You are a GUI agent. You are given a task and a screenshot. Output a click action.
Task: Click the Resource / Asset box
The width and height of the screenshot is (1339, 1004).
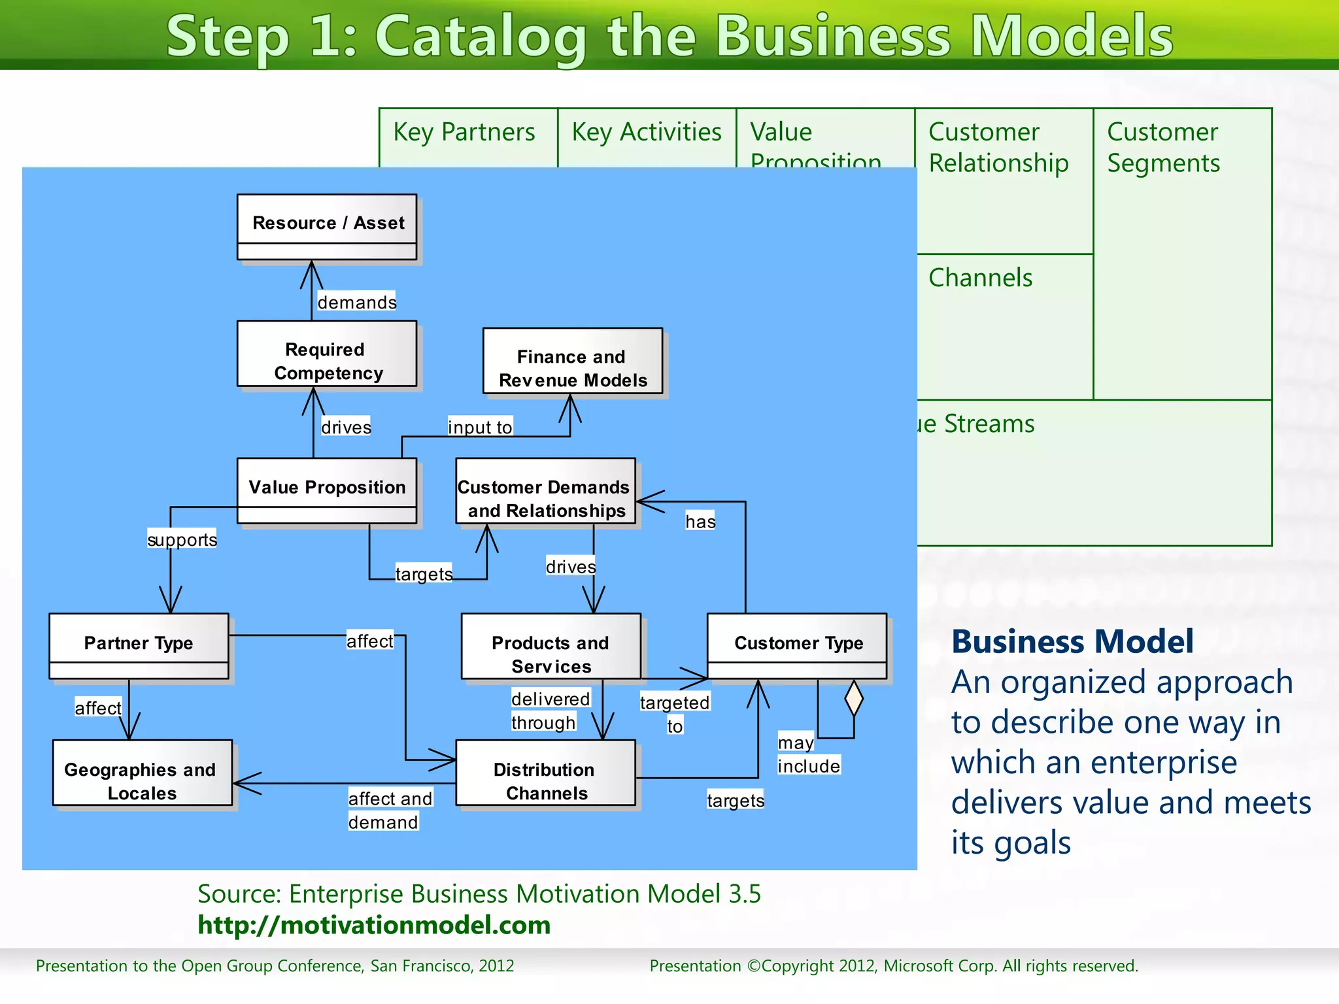326,226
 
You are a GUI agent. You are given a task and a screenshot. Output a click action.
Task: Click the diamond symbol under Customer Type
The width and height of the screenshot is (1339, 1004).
854,698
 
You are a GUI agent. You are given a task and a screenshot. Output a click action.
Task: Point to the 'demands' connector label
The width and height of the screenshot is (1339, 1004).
356,302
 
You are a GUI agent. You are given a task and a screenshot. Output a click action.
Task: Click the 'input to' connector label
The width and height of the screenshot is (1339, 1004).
480,427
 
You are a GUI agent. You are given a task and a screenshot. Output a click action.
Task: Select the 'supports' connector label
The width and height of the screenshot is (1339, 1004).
182,539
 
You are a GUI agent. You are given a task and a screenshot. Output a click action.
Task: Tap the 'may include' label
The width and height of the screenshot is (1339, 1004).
808,754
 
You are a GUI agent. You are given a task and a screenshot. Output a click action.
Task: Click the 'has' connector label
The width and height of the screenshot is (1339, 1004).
700,521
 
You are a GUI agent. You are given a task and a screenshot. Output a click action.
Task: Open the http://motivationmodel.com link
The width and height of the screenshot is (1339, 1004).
374,925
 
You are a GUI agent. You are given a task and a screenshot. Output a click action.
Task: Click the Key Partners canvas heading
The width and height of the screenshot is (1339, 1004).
464,132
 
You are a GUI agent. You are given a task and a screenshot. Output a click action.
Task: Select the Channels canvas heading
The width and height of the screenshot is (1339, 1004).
980,278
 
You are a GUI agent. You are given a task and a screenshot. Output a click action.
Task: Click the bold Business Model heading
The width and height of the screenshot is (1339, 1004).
1072,641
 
